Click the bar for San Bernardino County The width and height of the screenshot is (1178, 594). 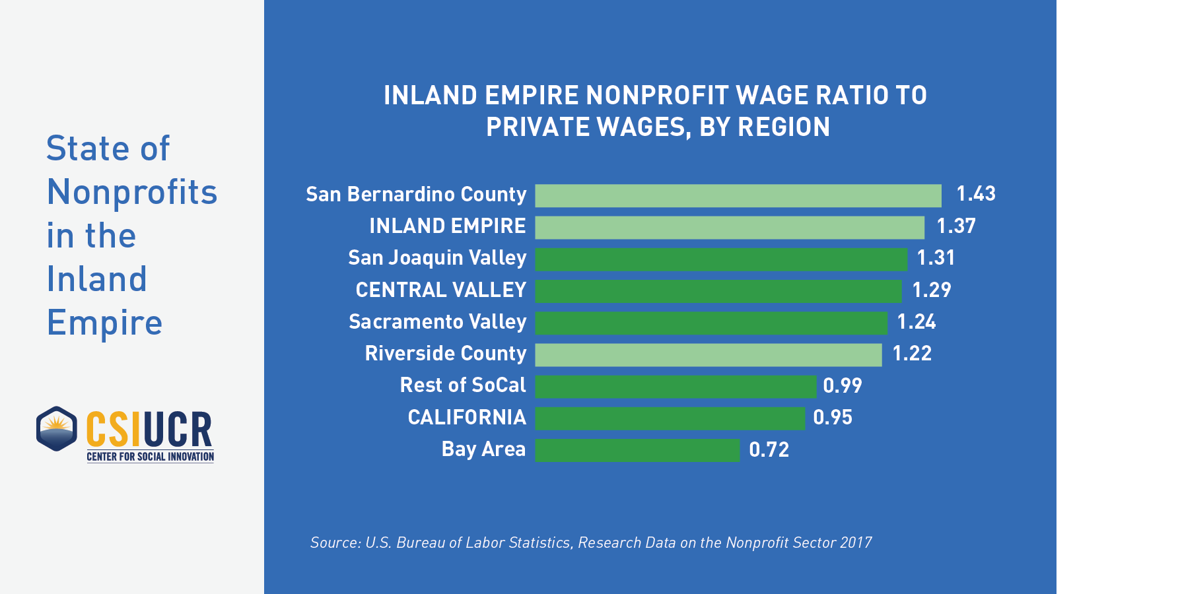pos(738,195)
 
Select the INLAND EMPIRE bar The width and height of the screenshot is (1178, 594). pos(730,227)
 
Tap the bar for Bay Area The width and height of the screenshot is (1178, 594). pos(637,450)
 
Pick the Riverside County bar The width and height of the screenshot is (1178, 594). pos(709,354)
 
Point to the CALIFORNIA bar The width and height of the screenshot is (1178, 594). pos(670,418)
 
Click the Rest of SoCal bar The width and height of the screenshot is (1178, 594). pos(676,387)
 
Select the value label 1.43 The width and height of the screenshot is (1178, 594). pos(975,194)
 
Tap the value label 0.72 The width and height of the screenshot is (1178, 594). pos(769,450)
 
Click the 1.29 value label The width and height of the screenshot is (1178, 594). pos(931,290)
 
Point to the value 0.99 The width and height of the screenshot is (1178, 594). pos(842,386)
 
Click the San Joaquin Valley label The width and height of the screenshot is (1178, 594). pos(437,258)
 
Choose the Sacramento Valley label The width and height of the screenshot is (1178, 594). pos(437,322)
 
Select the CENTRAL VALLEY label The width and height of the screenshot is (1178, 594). pos(440,290)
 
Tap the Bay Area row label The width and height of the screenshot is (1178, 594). pos(483,449)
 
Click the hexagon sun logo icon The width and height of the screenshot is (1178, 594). pos(57,429)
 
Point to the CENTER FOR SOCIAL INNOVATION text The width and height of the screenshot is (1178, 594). pos(151,457)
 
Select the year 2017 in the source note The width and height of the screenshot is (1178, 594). pos(856,543)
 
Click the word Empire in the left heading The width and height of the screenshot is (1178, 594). pos(104,323)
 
